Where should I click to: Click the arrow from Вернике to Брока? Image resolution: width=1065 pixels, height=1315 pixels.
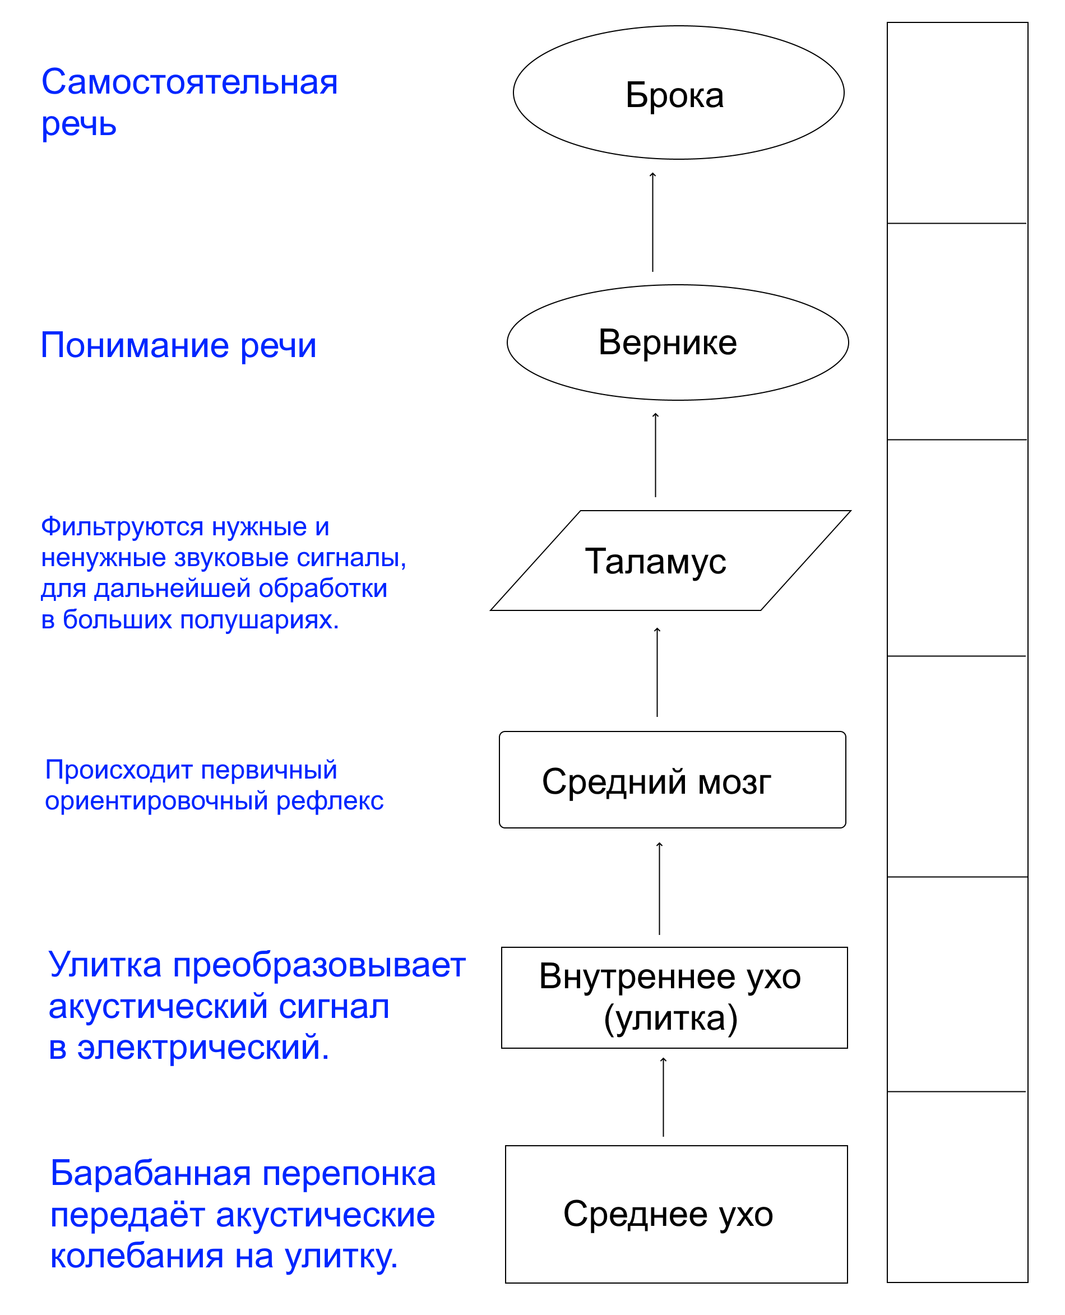click(x=653, y=222)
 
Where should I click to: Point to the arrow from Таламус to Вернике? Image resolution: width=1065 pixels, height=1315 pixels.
click(x=655, y=455)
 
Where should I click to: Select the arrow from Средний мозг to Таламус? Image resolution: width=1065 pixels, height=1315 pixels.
click(x=657, y=672)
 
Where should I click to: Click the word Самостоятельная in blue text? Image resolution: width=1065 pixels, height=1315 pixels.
click(x=189, y=82)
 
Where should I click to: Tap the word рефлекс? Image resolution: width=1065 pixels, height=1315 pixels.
click(x=330, y=802)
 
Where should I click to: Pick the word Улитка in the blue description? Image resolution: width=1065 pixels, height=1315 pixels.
click(x=105, y=965)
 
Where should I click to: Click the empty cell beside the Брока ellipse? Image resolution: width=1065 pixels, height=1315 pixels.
click(x=957, y=123)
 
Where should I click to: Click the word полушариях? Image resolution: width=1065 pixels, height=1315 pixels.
click(x=260, y=621)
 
